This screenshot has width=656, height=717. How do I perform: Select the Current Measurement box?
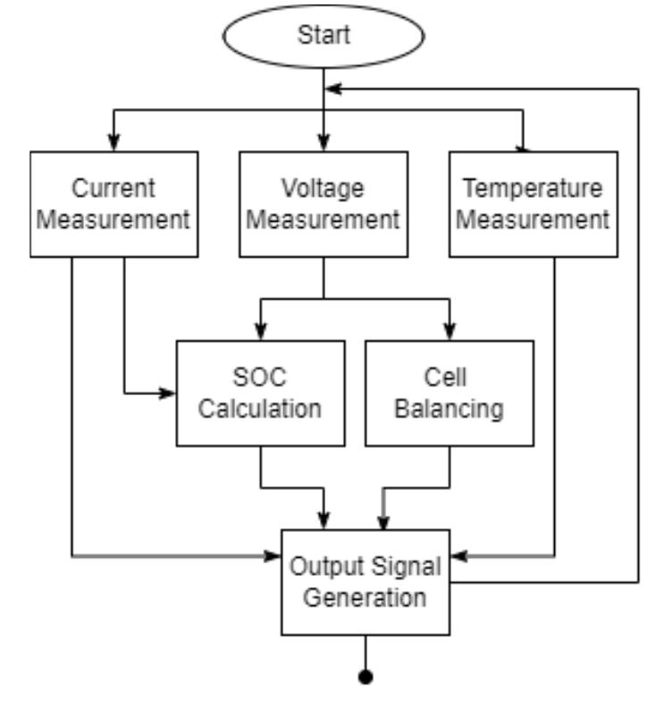114,204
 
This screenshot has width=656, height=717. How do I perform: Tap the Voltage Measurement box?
324,204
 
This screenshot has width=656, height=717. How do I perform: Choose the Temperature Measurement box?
533,204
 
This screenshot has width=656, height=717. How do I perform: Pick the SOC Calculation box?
259,393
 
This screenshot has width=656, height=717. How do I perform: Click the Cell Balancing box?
450,393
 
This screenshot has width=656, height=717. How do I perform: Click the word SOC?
259,379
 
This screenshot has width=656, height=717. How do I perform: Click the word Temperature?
533,189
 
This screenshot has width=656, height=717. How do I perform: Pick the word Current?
114,189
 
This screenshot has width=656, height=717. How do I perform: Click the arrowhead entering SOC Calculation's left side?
168,392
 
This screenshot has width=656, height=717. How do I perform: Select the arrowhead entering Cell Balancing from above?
450,332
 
